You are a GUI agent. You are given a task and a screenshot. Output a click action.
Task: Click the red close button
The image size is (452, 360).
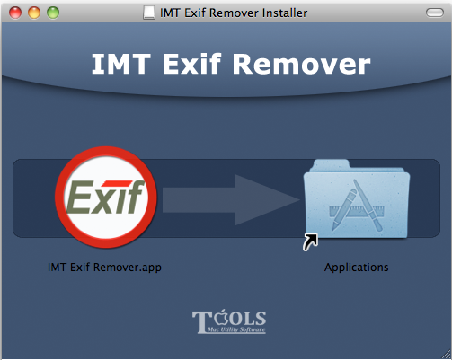coord(15,13)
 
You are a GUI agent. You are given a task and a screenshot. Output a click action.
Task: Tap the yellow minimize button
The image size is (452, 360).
coord(34,13)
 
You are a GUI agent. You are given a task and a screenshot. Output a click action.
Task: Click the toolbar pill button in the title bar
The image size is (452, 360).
coord(435,13)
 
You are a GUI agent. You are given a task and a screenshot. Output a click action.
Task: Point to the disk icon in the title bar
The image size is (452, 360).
coord(149,13)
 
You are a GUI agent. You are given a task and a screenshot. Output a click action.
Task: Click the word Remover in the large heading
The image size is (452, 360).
coord(301,64)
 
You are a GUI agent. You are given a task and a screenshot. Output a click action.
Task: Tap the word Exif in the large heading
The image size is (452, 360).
coord(191,64)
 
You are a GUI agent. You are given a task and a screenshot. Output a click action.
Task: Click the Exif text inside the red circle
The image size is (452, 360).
coord(105,198)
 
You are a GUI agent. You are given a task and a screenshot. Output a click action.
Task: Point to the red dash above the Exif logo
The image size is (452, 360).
coord(116,183)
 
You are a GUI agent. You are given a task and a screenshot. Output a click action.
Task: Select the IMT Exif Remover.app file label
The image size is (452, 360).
coord(104,268)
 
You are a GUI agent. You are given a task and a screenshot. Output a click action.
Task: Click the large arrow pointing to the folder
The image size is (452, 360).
coord(231,200)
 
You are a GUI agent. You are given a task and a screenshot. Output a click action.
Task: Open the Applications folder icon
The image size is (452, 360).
coord(357,199)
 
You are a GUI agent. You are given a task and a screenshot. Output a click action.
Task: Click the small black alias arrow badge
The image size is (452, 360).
coord(310,241)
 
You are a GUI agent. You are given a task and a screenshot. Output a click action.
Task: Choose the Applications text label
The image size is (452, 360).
coord(357,268)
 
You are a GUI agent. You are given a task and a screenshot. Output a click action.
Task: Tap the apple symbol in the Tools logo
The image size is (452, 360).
coord(222,318)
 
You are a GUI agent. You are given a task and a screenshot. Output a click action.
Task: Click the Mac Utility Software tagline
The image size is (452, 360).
coord(236,329)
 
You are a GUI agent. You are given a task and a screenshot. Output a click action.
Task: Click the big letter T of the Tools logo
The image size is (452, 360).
coord(202,322)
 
